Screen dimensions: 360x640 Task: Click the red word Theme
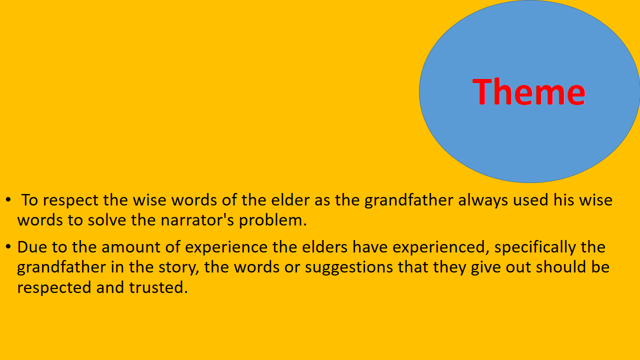(528, 91)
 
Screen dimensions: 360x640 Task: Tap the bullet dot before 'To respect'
(8, 200)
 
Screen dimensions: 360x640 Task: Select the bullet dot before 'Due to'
(8, 247)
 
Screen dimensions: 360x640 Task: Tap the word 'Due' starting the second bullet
(31, 247)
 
